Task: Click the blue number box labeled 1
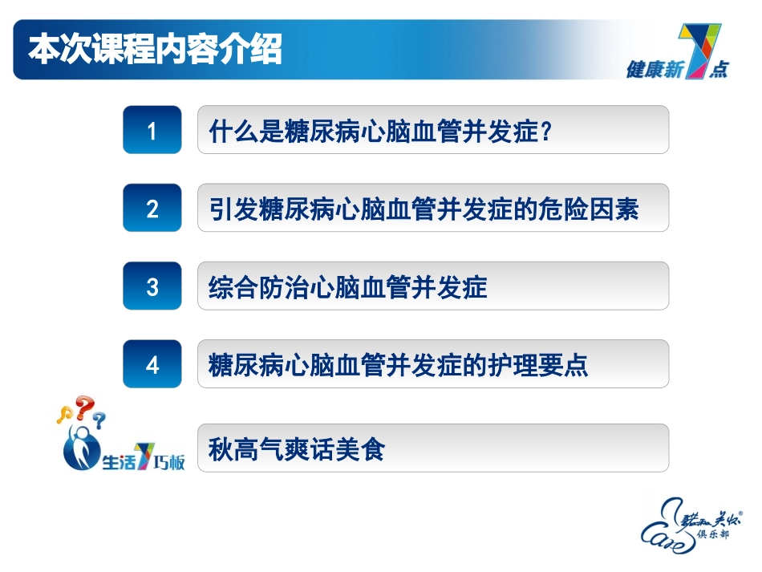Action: click(x=152, y=130)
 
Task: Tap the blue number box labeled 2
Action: click(x=152, y=209)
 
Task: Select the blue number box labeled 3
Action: click(x=152, y=286)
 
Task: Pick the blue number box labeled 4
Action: click(x=152, y=364)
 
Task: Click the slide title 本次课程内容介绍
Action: click(x=155, y=50)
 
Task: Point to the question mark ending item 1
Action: click(x=546, y=131)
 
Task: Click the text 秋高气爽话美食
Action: click(x=296, y=448)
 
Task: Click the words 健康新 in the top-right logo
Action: click(x=653, y=71)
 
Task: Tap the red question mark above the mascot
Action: click(x=84, y=408)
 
